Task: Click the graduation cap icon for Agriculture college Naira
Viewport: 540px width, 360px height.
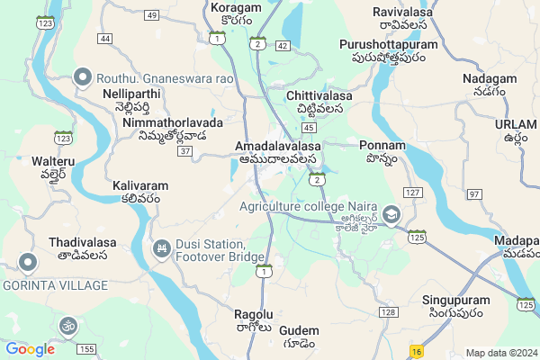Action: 391,214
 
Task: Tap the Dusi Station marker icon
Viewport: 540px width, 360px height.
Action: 162,247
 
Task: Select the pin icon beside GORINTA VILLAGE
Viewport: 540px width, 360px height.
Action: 27,263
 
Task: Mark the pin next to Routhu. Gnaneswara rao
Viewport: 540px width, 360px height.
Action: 84,77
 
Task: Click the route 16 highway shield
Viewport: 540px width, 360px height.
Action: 415,351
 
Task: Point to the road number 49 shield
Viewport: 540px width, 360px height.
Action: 151,15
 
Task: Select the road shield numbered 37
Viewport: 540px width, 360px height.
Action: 184,150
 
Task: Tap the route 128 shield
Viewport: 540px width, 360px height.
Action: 388,311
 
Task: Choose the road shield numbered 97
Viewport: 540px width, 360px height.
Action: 474,194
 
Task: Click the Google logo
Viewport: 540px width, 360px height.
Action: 30,349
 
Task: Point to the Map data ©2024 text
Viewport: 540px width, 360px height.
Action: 499,353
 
